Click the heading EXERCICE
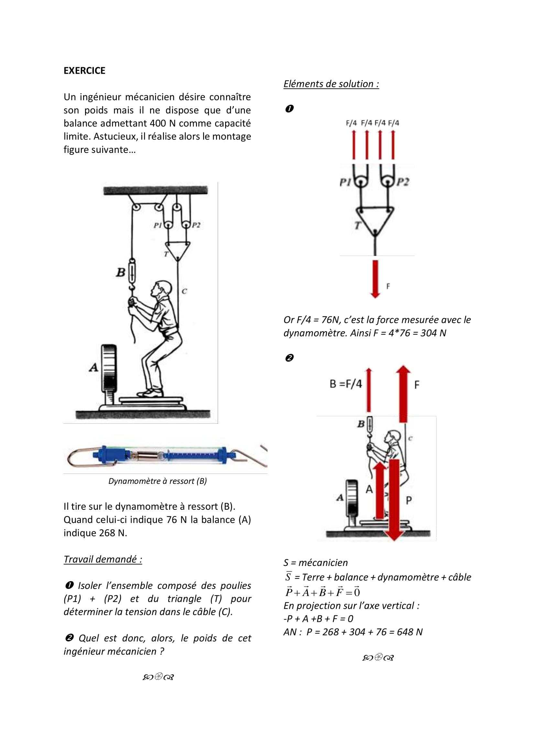tap(84, 71)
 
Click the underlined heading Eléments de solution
tap(331, 84)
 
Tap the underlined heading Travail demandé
tap(103, 559)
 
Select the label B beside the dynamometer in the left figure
tap(121, 272)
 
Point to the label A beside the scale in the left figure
tap(93, 367)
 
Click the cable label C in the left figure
tap(184, 291)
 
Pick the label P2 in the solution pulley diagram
tap(403, 182)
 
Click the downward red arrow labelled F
tap(375, 279)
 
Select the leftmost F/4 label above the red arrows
tap(352, 123)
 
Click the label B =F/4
tap(345, 384)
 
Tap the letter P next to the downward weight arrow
tap(409, 500)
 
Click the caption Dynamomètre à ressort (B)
tap(158, 481)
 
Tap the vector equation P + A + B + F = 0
tap(322, 592)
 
